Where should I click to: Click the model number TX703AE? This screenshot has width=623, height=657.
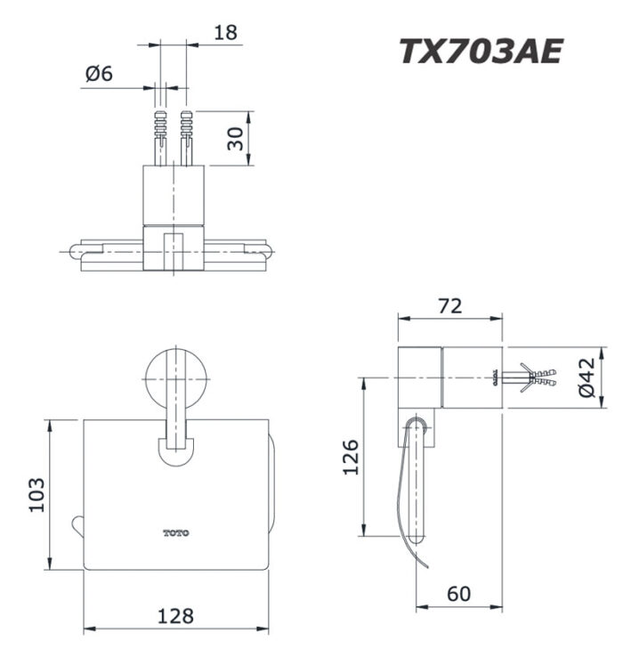(480, 52)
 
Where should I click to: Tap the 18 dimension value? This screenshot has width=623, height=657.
(226, 34)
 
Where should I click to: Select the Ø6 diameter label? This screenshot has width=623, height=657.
(100, 76)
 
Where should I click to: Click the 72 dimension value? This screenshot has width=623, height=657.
(449, 305)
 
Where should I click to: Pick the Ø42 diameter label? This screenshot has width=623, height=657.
(585, 377)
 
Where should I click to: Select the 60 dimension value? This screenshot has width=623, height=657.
(459, 593)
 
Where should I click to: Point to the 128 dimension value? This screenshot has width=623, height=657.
(175, 615)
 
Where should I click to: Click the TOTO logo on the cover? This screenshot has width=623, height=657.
(175, 533)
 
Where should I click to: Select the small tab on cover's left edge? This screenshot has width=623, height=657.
(77, 524)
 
